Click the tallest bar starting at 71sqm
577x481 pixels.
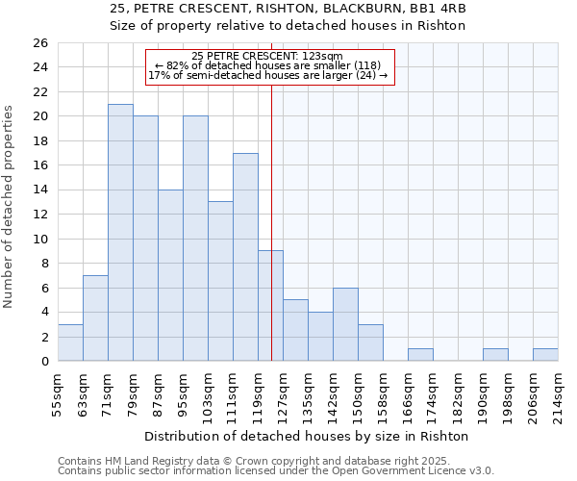(x=120, y=232)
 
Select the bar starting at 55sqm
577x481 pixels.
(x=70, y=342)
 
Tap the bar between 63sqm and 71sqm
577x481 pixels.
(x=95, y=317)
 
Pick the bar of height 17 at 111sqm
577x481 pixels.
(x=245, y=257)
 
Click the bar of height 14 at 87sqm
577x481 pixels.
(x=170, y=275)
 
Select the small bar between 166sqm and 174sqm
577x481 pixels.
(x=420, y=355)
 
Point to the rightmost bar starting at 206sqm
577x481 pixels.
(x=545, y=355)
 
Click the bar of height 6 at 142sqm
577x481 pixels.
(x=345, y=324)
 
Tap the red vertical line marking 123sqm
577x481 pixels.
(x=272, y=240)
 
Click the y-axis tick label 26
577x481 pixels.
(x=39, y=43)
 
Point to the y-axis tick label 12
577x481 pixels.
(x=39, y=215)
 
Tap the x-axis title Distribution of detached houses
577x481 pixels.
(x=307, y=436)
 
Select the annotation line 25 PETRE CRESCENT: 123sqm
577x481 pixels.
(x=266, y=57)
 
